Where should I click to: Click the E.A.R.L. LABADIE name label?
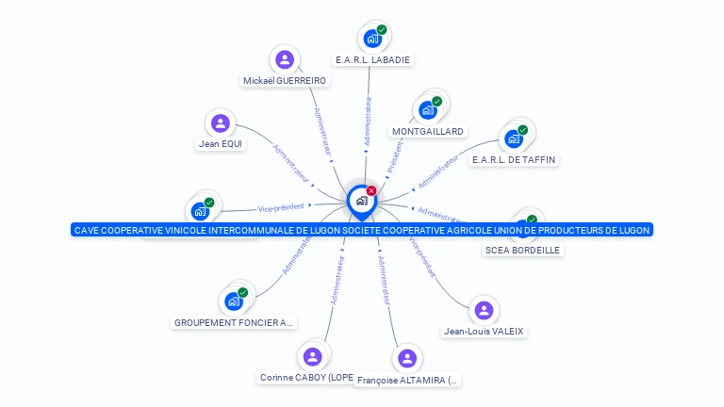(x=374, y=59)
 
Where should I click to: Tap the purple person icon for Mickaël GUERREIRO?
(x=285, y=60)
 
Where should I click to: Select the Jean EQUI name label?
(x=221, y=144)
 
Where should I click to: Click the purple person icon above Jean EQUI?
(x=221, y=123)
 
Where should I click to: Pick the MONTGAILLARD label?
(x=428, y=131)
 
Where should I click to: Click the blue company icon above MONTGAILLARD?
(x=428, y=109)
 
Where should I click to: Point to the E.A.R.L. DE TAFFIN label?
(x=514, y=160)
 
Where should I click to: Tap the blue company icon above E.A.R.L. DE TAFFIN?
(x=514, y=138)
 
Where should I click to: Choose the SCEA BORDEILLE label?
(x=522, y=250)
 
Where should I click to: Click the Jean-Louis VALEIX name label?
(x=484, y=331)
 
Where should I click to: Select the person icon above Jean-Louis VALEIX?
(x=484, y=310)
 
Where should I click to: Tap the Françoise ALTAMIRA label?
(x=408, y=381)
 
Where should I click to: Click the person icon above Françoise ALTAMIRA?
(x=407, y=358)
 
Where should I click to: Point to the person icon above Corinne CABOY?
(x=313, y=356)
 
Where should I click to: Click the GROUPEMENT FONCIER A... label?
(x=234, y=322)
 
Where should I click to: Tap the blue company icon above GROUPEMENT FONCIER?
(x=232, y=301)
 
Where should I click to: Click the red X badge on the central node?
(x=371, y=191)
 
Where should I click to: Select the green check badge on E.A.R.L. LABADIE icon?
(x=382, y=30)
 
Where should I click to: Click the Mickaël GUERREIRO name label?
(x=285, y=81)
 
